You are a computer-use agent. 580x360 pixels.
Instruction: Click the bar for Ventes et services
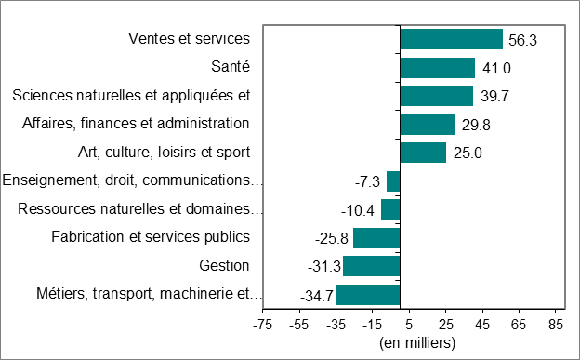[451, 39]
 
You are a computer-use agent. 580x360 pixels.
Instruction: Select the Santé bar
[437, 68]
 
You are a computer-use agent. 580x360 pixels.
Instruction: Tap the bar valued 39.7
[436, 96]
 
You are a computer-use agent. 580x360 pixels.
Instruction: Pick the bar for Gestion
[371, 266]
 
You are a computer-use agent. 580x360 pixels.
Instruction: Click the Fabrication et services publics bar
[376, 238]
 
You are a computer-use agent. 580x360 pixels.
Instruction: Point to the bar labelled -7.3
[393, 181]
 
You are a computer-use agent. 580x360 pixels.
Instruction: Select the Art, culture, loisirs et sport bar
[423, 153]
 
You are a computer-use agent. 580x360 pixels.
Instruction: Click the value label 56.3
[523, 40]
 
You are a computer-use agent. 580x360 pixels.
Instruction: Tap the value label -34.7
[317, 296]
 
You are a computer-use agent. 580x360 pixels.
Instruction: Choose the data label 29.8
[474, 125]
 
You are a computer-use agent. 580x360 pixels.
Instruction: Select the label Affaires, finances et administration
[136, 124]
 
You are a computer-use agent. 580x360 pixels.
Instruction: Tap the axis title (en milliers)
[416, 342]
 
